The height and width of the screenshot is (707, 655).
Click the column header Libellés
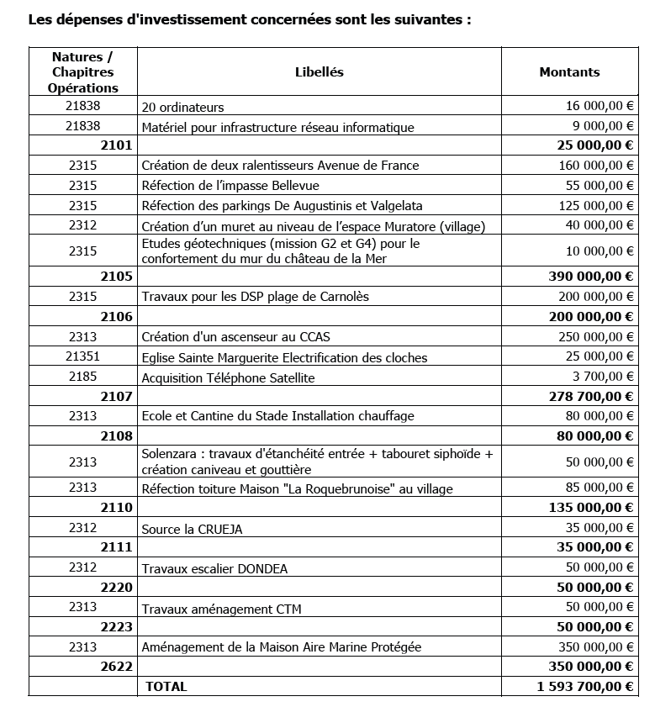pyautogui.click(x=320, y=72)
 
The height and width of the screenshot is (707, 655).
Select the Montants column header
pyautogui.click(x=569, y=72)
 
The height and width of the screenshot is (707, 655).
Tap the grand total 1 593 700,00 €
pyautogui.click(x=584, y=687)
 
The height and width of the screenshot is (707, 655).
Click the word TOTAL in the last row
pyautogui.click(x=166, y=687)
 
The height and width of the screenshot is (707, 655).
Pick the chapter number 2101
pyautogui.click(x=116, y=146)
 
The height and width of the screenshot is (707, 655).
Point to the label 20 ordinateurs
pyautogui.click(x=182, y=108)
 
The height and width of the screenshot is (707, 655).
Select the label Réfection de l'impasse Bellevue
pyautogui.click(x=230, y=186)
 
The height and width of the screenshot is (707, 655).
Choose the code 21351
pyautogui.click(x=82, y=356)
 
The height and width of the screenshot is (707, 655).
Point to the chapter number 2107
pyautogui.click(x=116, y=396)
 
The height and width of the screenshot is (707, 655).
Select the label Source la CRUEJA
pyautogui.click(x=198, y=529)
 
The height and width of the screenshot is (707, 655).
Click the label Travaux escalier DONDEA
pyautogui.click(x=214, y=569)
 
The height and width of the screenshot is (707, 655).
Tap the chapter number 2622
pyautogui.click(x=116, y=667)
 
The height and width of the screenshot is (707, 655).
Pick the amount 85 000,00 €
pyautogui.click(x=599, y=488)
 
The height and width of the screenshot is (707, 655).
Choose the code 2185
pyautogui.click(x=82, y=377)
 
